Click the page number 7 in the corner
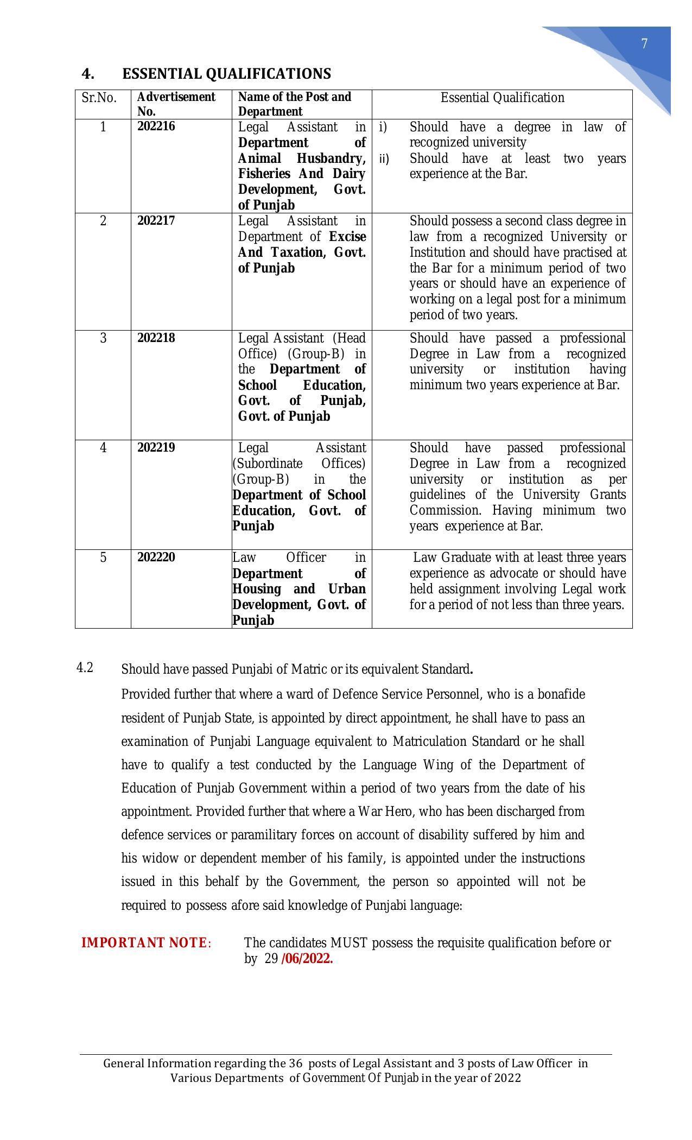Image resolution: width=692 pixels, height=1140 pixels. (x=644, y=44)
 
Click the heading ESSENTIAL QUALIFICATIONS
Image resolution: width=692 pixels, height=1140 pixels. (x=226, y=74)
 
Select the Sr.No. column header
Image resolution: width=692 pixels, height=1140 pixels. (x=99, y=98)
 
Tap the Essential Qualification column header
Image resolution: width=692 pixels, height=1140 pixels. (x=502, y=98)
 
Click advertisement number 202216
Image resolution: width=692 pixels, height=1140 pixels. (x=156, y=126)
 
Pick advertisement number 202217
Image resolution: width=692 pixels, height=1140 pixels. (x=156, y=220)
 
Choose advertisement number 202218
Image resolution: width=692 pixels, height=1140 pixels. (x=156, y=338)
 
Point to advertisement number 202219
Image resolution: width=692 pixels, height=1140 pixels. (x=156, y=447)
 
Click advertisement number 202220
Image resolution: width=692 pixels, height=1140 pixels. (x=156, y=557)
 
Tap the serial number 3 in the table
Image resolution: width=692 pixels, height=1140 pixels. (x=103, y=338)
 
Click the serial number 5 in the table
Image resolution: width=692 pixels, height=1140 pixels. (x=103, y=558)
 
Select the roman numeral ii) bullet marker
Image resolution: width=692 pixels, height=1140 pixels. (x=384, y=159)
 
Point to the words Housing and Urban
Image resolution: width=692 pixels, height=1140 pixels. (x=299, y=589)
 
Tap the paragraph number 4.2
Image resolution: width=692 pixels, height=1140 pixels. (x=85, y=668)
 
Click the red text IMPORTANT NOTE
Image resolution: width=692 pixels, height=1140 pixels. (x=144, y=943)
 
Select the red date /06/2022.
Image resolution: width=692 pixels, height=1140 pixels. (x=307, y=959)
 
